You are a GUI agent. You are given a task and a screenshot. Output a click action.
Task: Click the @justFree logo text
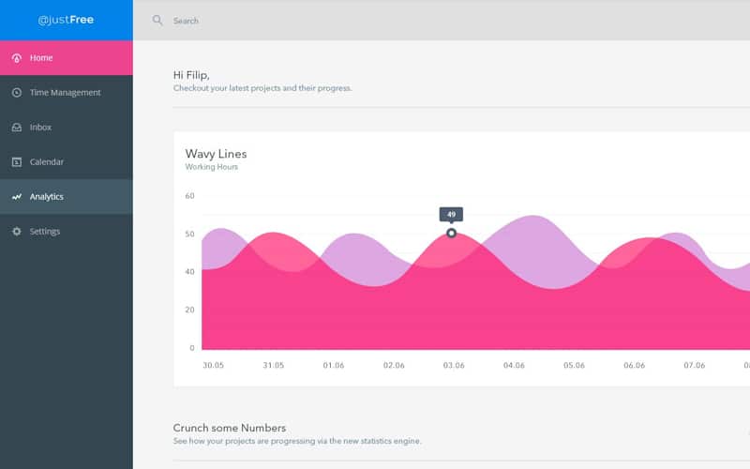pyautogui.click(x=66, y=20)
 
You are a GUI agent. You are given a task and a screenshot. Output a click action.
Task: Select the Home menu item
pyautogui.click(x=41, y=58)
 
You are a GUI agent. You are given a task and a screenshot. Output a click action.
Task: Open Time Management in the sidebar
pyautogui.click(x=65, y=93)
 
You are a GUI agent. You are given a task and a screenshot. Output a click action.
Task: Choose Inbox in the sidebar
pyautogui.click(x=40, y=128)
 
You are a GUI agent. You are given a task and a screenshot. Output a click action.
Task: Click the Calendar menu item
pyautogui.click(x=47, y=162)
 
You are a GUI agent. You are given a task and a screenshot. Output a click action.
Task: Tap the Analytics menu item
pyautogui.click(x=47, y=197)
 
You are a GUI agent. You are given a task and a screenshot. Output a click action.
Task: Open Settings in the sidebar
pyautogui.click(x=45, y=232)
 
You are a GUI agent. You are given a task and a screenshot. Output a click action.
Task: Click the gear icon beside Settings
pyautogui.click(x=17, y=232)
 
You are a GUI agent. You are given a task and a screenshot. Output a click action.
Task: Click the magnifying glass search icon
pyautogui.click(x=157, y=20)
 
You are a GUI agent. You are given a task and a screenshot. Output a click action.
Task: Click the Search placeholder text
pyautogui.click(x=186, y=21)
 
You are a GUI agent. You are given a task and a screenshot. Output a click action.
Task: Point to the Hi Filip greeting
pyautogui.click(x=192, y=74)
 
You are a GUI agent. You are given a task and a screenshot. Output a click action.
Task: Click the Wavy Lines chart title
pyautogui.click(x=216, y=154)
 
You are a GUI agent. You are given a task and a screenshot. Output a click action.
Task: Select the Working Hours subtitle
pyautogui.click(x=212, y=167)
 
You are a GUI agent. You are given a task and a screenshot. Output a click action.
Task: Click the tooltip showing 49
pyautogui.click(x=451, y=214)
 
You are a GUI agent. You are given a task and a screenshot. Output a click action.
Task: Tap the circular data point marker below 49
pyautogui.click(x=451, y=233)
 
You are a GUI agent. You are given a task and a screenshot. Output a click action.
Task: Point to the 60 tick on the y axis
pyautogui.click(x=189, y=196)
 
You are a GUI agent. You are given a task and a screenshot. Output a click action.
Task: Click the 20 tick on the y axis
pyautogui.click(x=189, y=310)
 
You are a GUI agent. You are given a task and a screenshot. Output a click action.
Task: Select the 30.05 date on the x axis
pyautogui.click(x=213, y=366)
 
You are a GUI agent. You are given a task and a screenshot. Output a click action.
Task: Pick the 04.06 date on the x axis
pyautogui.click(x=514, y=366)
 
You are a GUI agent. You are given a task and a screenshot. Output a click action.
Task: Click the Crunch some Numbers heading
pyautogui.click(x=230, y=428)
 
